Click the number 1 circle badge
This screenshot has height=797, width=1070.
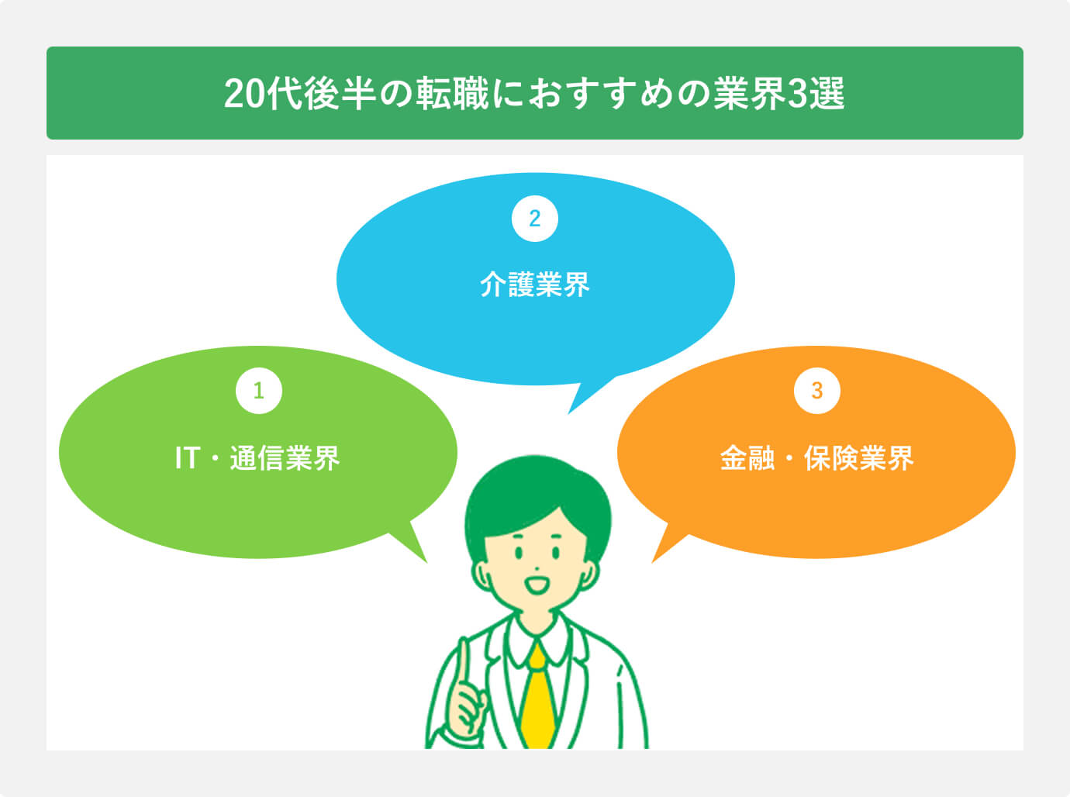[259, 390]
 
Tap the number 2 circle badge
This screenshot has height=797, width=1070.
[534, 219]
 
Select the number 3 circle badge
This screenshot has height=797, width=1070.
[816, 390]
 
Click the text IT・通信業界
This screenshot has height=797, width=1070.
[257, 458]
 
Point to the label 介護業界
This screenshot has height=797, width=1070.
[535, 285]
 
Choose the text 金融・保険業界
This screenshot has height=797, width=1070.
[816, 458]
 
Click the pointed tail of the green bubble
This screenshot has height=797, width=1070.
[414, 546]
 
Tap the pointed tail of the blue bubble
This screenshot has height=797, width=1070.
[580, 399]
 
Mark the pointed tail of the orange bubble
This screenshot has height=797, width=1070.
[664, 547]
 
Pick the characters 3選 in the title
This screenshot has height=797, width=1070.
[816, 94]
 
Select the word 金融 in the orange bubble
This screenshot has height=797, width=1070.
[747, 458]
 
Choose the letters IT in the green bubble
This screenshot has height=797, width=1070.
[188, 458]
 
